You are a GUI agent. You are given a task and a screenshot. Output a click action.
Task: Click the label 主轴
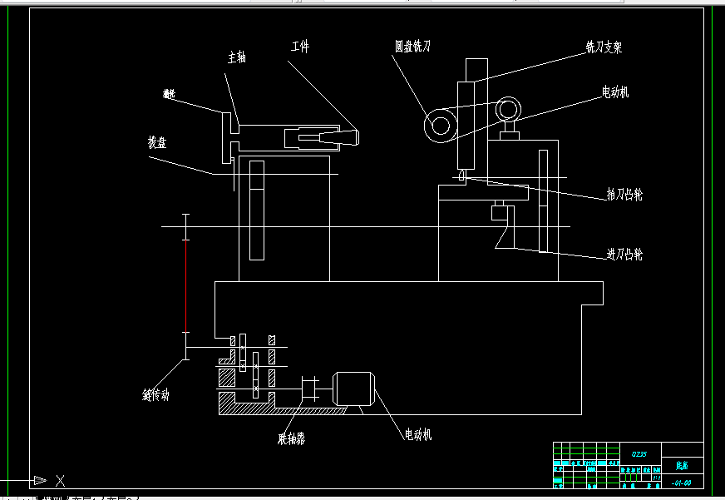click(237, 57)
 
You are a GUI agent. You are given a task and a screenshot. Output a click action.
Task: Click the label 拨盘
click(156, 142)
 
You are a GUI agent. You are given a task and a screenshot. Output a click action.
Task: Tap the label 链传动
click(155, 394)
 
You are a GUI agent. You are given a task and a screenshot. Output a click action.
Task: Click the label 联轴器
click(291, 438)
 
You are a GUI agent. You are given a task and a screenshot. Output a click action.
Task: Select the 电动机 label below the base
click(417, 434)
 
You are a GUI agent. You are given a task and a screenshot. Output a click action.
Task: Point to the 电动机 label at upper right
click(615, 92)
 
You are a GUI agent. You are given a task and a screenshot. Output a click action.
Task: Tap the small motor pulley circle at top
click(507, 108)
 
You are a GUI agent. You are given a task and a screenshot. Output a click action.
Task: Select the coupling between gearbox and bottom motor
click(308, 389)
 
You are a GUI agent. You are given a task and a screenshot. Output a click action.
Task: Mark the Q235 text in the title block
click(639, 454)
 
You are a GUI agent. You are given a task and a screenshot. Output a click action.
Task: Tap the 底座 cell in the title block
click(682, 467)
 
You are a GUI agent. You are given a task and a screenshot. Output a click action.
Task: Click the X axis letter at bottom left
click(60, 480)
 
